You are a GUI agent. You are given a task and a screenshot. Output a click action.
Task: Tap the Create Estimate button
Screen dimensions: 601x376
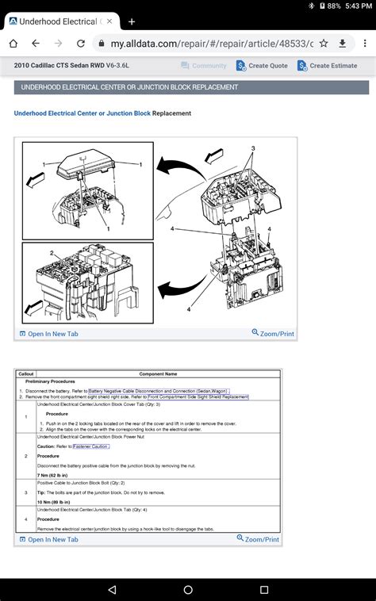pos(328,66)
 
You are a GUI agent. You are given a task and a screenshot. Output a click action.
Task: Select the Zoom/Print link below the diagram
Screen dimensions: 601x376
pos(273,334)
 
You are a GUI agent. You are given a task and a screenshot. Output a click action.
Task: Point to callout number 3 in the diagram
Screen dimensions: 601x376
pos(253,148)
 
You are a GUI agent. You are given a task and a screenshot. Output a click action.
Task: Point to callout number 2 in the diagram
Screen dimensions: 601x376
pos(52,253)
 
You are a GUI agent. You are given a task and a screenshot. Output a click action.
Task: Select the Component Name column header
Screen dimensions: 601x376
pos(158,373)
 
